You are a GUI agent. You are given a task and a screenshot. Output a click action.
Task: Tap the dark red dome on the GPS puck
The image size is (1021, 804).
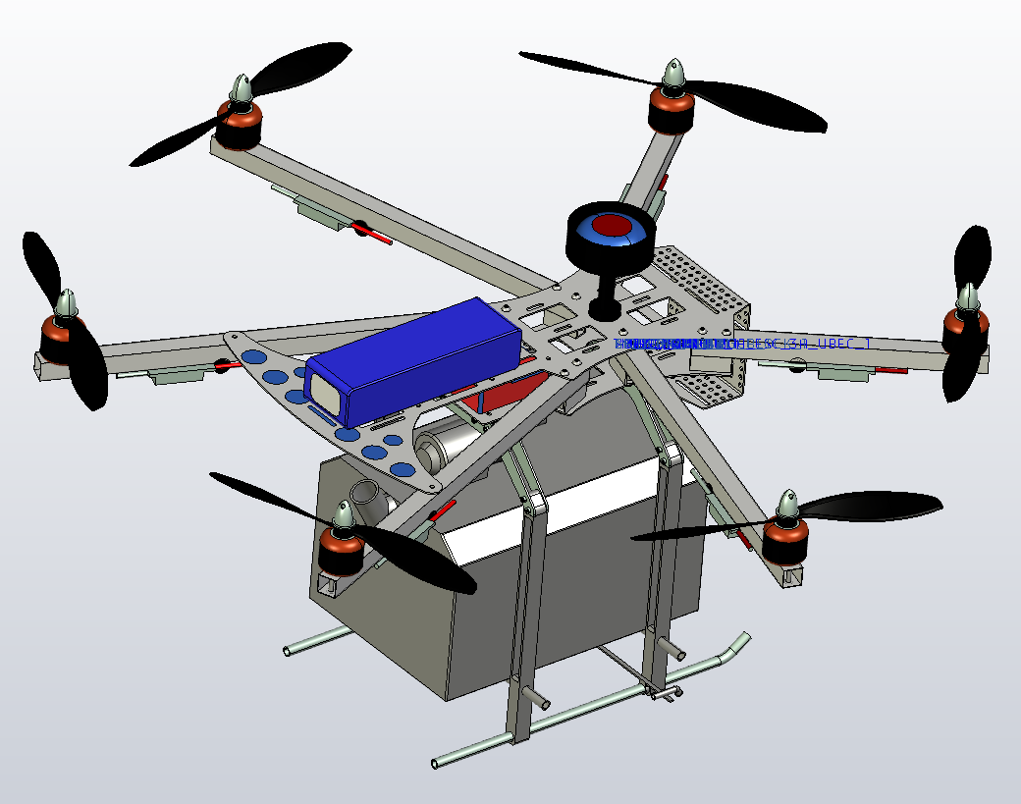click(611, 225)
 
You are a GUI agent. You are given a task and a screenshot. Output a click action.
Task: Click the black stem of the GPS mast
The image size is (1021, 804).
click(605, 291)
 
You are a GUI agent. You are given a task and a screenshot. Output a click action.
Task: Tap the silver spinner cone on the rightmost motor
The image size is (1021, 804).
click(968, 297)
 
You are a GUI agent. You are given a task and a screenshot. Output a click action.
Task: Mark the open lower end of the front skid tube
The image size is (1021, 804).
click(438, 762)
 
